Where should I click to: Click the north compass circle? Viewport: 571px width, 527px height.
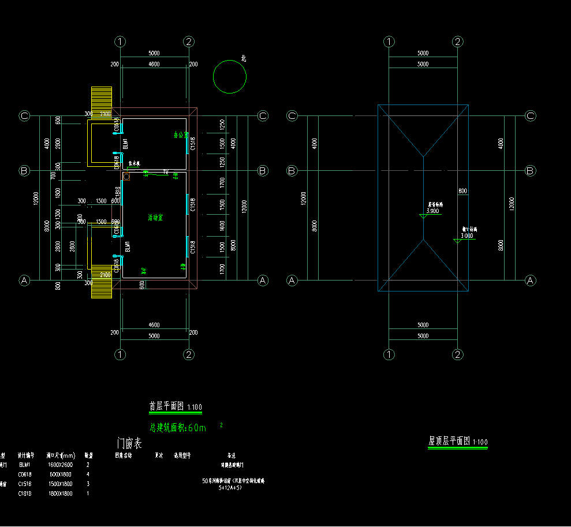(x=230, y=76)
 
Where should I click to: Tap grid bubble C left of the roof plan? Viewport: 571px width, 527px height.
(x=292, y=116)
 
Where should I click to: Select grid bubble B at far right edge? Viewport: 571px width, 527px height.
(x=531, y=171)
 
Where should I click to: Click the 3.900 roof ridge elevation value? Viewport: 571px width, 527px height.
(x=432, y=211)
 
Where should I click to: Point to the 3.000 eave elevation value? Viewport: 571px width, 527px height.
(x=466, y=236)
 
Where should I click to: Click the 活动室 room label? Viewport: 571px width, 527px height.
(x=155, y=218)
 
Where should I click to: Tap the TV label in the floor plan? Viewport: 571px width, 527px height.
(x=166, y=172)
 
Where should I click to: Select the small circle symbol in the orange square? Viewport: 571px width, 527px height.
(x=126, y=177)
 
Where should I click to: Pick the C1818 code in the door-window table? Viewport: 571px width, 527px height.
(x=25, y=494)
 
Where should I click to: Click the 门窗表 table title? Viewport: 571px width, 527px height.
(x=129, y=444)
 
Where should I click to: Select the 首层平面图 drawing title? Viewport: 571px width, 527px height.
(x=167, y=406)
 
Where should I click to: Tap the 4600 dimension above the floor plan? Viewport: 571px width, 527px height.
(x=154, y=65)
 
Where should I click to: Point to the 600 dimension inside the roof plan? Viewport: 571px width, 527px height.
(x=462, y=191)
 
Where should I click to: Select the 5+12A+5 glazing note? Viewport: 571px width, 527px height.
(x=230, y=488)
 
